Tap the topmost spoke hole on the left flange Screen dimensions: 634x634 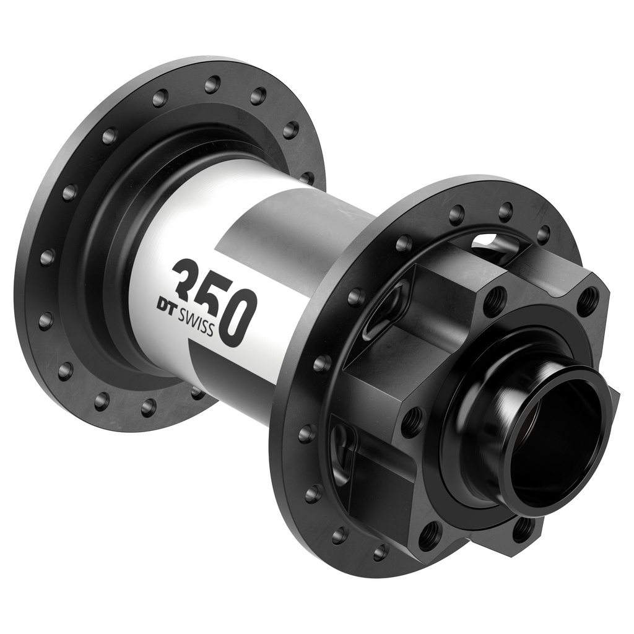(212, 84)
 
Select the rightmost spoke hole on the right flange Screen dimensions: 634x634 (543, 235)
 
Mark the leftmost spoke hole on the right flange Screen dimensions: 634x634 (306, 433)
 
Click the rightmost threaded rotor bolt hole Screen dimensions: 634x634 (588, 302)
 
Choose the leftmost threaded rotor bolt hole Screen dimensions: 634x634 (412, 422)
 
